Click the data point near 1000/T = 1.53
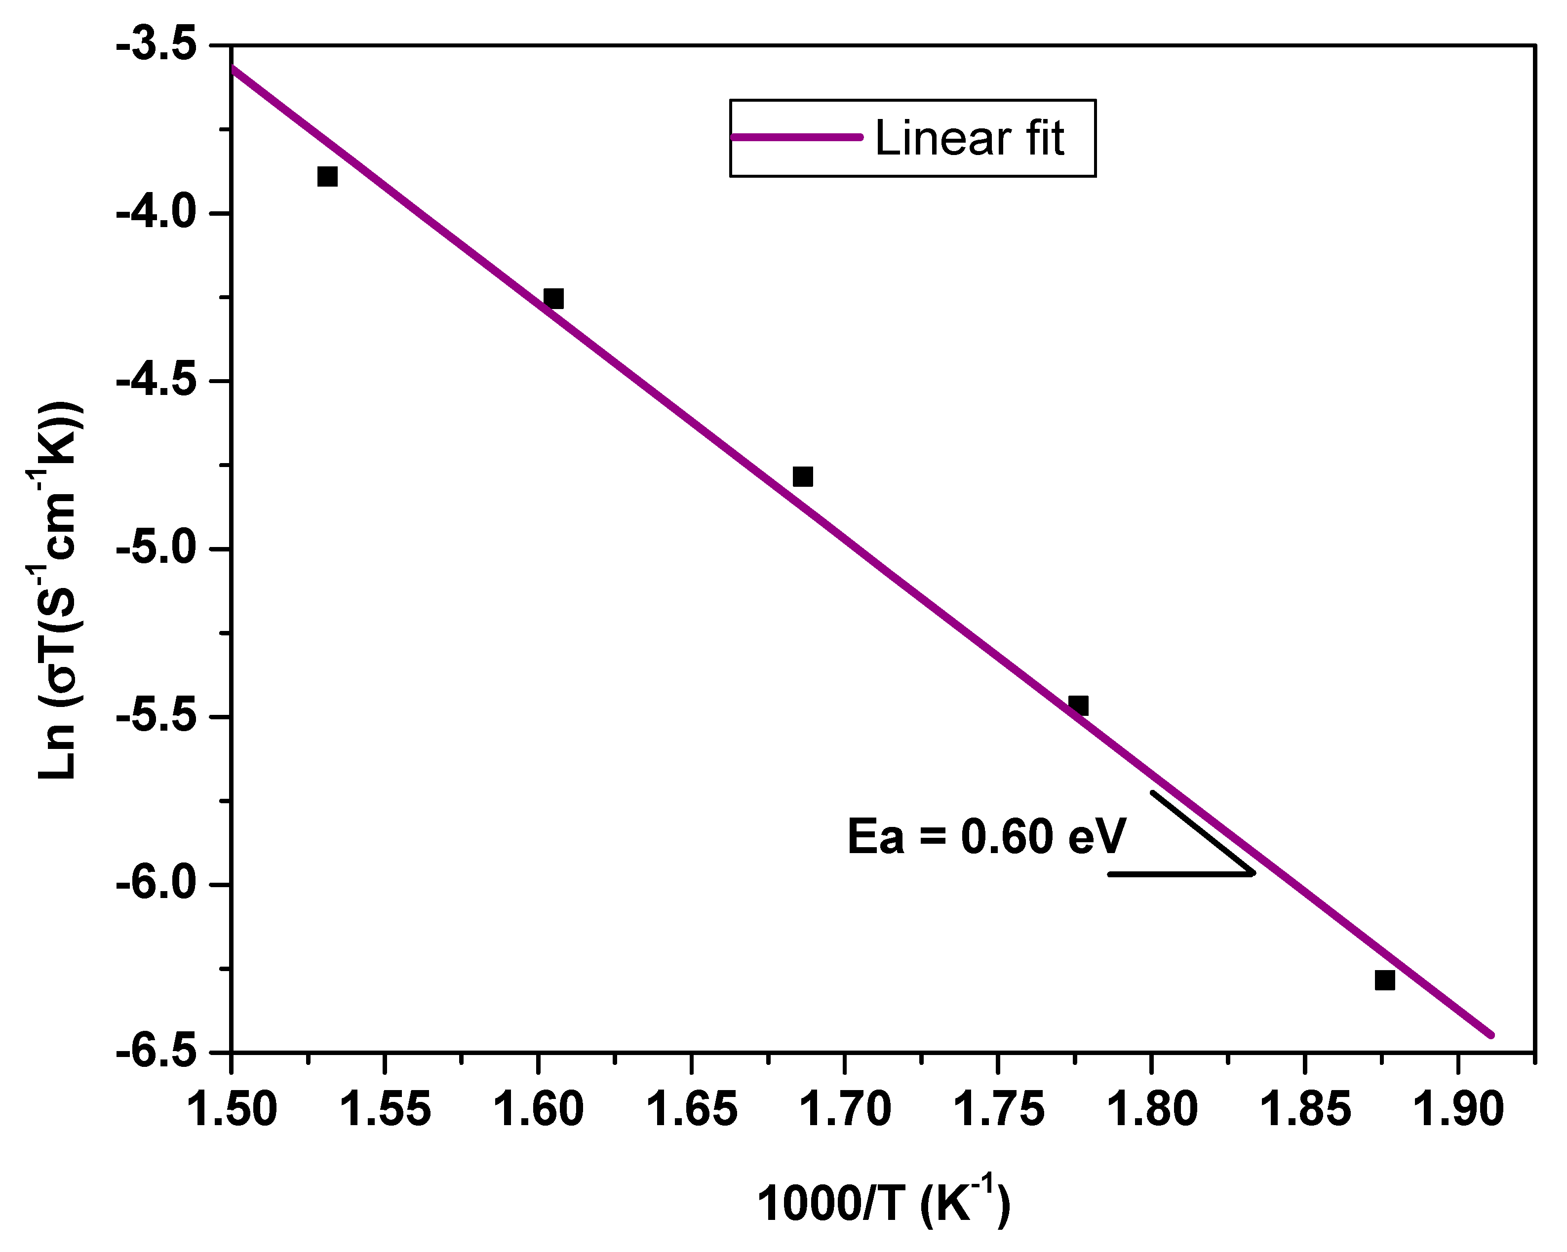pyautogui.click(x=327, y=177)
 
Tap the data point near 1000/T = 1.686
pyautogui.click(x=802, y=477)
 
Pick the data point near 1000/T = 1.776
pyautogui.click(x=1079, y=705)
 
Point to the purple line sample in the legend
pyautogui.click(x=796, y=137)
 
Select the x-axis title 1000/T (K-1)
pyautogui.click(x=884, y=1203)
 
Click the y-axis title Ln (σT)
pyautogui.click(x=61, y=589)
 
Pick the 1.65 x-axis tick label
pyautogui.click(x=691, y=1110)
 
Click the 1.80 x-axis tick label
pyautogui.click(x=1151, y=1110)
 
